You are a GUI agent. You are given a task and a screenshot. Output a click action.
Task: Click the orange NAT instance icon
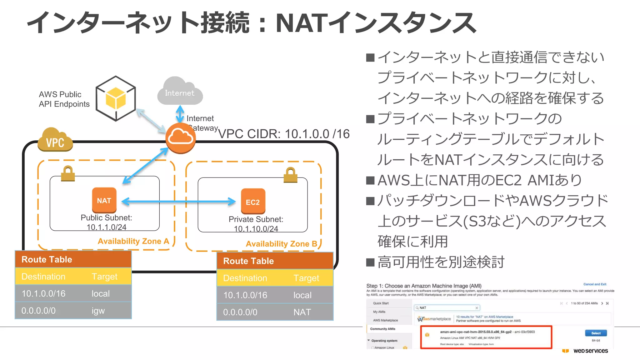pyautogui.click(x=104, y=200)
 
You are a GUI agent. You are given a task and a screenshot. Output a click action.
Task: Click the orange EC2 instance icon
pyautogui.click(x=253, y=202)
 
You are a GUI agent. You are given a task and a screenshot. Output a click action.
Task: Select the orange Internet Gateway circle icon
pyautogui.click(x=180, y=138)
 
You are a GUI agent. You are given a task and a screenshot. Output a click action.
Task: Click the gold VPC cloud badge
pyautogui.click(x=55, y=141)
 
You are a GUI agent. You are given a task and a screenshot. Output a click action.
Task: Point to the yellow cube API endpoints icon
pyautogui.click(x=116, y=98)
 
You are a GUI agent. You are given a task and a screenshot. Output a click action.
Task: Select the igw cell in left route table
pyautogui.click(x=98, y=311)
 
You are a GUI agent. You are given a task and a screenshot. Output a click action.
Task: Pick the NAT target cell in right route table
pyautogui.click(x=302, y=312)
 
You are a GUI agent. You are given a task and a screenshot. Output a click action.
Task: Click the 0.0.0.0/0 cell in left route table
pyautogui.click(x=38, y=311)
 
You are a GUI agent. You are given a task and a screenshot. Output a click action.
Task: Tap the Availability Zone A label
pyautogui.click(x=133, y=241)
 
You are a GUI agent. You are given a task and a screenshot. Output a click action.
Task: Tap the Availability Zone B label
pyautogui.click(x=281, y=244)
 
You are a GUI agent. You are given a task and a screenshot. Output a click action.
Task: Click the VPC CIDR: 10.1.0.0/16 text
pyautogui.click(x=283, y=134)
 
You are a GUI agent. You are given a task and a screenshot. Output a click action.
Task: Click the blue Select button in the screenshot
pyautogui.click(x=596, y=333)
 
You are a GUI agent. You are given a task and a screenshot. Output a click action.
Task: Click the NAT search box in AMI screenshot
pyautogui.click(x=447, y=308)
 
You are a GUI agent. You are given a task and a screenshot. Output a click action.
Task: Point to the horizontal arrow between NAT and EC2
pyautogui.click(x=178, y=202)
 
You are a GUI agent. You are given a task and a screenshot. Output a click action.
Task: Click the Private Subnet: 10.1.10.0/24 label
pyautogui.click(x=256, y=224)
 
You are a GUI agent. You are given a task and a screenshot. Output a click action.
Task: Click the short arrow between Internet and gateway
pyautogui.click(x=180, y=114)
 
